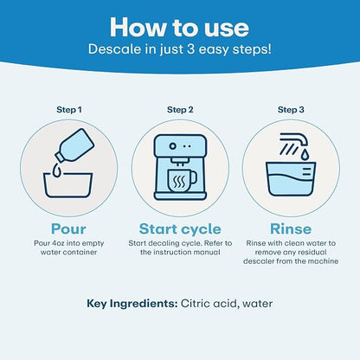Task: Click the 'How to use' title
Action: coord(179,28)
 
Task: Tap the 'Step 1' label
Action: coord(69,110)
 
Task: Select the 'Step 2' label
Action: coord(180,110)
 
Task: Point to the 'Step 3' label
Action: coord(291,110)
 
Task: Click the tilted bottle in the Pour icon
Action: coord(75,145)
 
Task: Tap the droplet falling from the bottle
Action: coord(57,170)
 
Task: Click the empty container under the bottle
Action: coord(67,185)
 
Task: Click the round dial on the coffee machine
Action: coord(172,146)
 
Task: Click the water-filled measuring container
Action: coord(291,179)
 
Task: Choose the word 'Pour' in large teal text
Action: coord(68,229)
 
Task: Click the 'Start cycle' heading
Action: coord(180,229)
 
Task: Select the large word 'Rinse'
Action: coord(291,229)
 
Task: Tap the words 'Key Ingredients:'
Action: coord(132,304)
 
